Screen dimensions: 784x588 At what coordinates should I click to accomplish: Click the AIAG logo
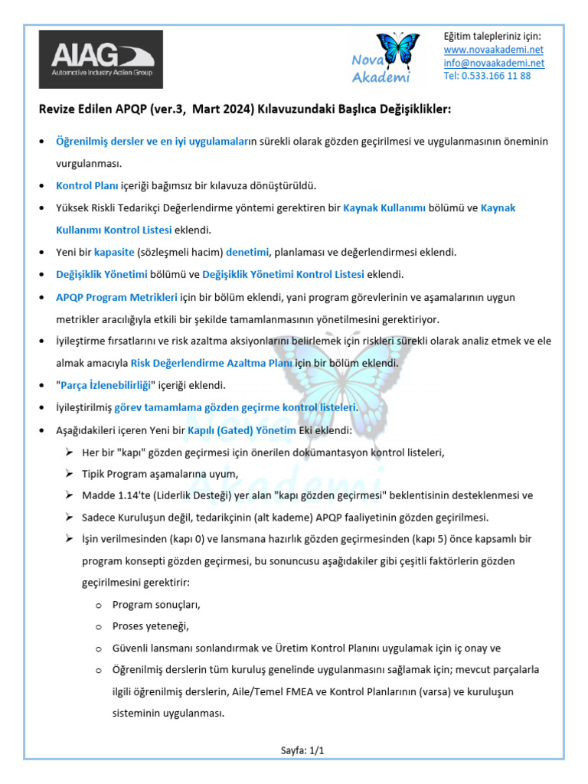click(x=101, y=59)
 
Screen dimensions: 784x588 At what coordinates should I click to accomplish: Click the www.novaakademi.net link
click(x=494, y=50)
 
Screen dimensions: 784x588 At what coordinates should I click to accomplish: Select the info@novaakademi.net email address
click(x=494, y=63)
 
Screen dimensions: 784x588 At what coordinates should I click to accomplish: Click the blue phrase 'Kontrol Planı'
click(x=86, y=185)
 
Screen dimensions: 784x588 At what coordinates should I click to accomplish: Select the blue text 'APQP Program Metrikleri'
click(x=116, y=296)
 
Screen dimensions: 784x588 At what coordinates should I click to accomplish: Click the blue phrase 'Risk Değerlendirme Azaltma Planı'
click(x=212, y=363)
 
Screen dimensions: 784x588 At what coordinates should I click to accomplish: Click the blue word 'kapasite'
click(x=114, y=251)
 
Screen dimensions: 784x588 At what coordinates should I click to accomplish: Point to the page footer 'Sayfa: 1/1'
click(x=302, y=750)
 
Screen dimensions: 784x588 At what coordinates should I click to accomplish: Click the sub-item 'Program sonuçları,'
click(x=156, y=604)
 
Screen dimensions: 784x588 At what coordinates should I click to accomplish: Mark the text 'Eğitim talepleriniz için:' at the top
click(x=492, y=37)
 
